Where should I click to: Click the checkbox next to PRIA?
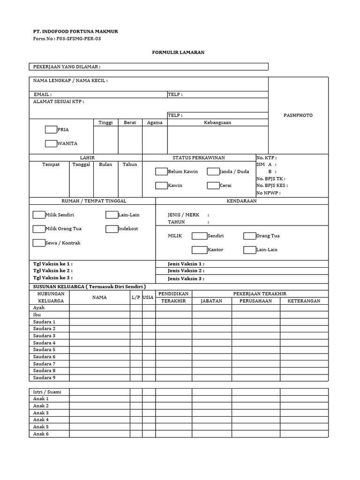[51, 129]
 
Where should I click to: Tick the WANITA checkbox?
[51, 143]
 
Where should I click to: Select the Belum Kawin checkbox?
[161, 172]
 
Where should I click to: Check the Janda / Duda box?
[213, 172]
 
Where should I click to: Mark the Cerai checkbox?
[213, 186]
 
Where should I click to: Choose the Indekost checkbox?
[111, 229]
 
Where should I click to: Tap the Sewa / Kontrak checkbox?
[38, 243]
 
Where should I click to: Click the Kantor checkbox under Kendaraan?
[199, 250]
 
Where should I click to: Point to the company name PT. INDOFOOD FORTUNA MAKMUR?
[75, 31]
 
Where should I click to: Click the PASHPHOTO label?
[298, 115]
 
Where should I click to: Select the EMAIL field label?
[42, 94]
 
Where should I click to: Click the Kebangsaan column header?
[217, 122]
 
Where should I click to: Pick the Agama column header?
[155, 122]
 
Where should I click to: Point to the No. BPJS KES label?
[272, 186]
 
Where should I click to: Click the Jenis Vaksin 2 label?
[186, 271]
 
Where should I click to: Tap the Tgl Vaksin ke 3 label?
[52, 278]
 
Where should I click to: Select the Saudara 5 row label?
[44, 350]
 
